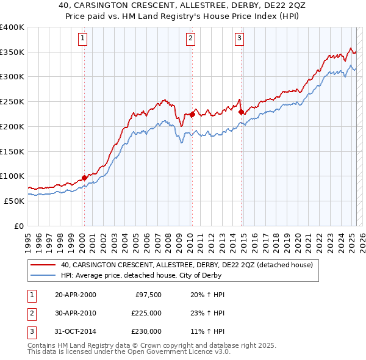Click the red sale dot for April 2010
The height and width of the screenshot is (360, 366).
[x=192, y=114]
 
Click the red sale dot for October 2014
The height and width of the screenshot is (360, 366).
[x=241, y=112]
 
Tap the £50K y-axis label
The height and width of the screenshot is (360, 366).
[x=15, y=201]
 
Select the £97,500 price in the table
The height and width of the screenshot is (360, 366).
[x=146, y=295]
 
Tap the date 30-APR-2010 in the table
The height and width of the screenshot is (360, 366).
[x=75, y=313]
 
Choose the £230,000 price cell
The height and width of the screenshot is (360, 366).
[x=146, y=331]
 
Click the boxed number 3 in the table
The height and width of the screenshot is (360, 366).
[x=30, y=331]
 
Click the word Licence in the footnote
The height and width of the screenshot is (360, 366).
[x=196, y=351]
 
